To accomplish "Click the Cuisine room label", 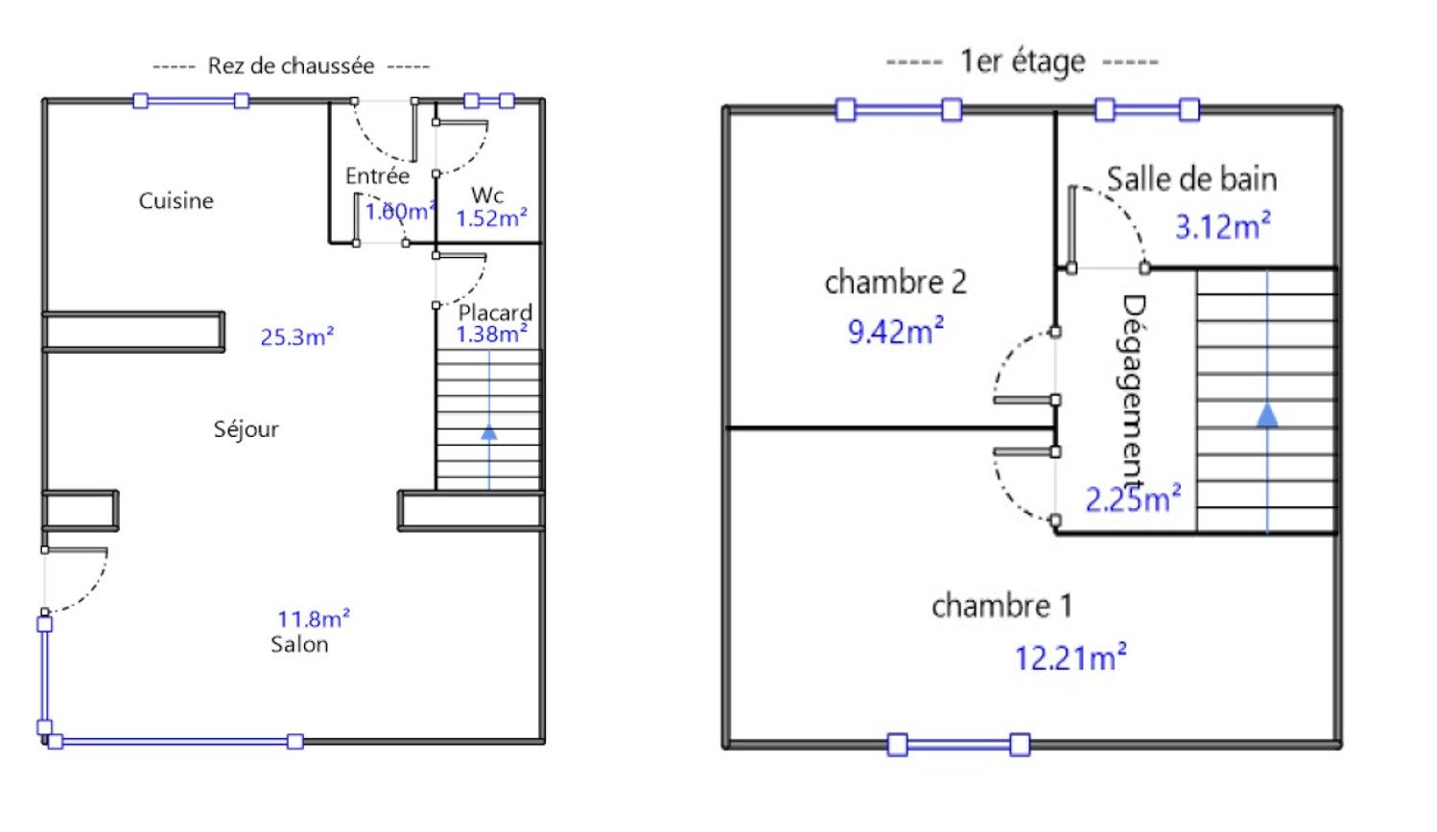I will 176,201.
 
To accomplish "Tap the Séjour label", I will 246,429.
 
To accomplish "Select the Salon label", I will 299,644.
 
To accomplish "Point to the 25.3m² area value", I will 297,337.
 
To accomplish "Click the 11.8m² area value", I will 314,619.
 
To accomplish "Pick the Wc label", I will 487,196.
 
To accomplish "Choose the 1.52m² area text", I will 491,219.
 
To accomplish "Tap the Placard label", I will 495,312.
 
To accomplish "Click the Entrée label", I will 377,176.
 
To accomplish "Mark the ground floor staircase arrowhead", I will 489,432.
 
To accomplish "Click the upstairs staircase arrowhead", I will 1267,415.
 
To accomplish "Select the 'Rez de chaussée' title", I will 291,66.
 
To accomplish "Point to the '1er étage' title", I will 1023,62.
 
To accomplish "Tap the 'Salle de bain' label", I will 1191,179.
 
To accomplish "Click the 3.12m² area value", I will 1223,227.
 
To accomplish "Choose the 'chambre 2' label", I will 895,282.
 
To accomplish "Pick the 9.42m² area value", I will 895,332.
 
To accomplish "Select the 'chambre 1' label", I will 1001,606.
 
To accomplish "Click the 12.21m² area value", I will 1071,659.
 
